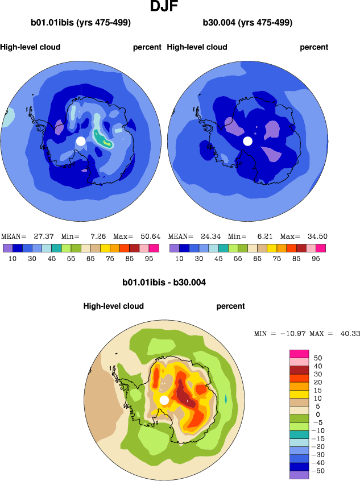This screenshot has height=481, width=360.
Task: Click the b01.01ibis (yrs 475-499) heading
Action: click(x=81, y=23)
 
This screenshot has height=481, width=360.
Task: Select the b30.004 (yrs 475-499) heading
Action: click(x=247, y=23)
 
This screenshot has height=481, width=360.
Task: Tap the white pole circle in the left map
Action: click(x=81, y=140)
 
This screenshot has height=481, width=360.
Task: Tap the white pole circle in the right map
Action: click(x=247, y=140)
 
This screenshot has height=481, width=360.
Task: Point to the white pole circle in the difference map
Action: click(x=164, y=400)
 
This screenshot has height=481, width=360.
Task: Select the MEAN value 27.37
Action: click(x=40, y=236)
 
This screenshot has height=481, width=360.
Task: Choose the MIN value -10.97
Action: click(x=291, y=333)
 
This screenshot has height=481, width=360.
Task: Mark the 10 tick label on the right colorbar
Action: click(x=179, y=258)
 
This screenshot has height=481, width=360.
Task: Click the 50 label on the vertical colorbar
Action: click(x=318, y=358)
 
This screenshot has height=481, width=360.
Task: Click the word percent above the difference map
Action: click(x=230, y=306)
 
